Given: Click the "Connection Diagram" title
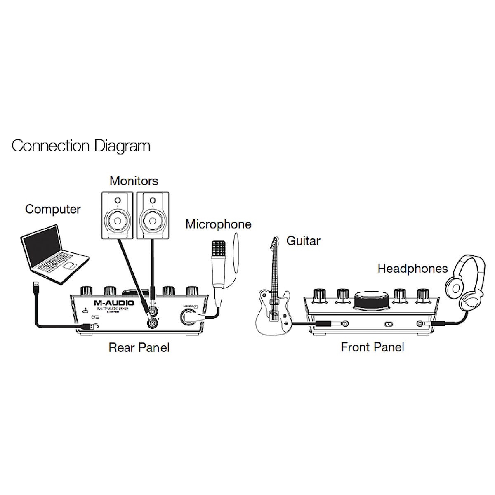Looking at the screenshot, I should (x=81, y=146).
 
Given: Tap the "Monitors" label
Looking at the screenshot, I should (x=134, y=181).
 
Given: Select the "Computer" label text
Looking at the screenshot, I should (x=53, y=209).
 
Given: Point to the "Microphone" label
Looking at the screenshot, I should (x=218, y=224).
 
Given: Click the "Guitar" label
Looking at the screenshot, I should (x=303, y=240).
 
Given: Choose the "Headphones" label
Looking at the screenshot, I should (x=412, y=269).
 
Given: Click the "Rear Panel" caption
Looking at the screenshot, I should (x=139, y=347).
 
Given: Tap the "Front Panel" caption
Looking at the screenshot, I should (x=372, y=347).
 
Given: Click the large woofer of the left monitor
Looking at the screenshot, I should (x=118, y=219).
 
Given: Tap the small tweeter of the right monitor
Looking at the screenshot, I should (x=152, y=201).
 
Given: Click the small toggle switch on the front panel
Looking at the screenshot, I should (x=388, y=325).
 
